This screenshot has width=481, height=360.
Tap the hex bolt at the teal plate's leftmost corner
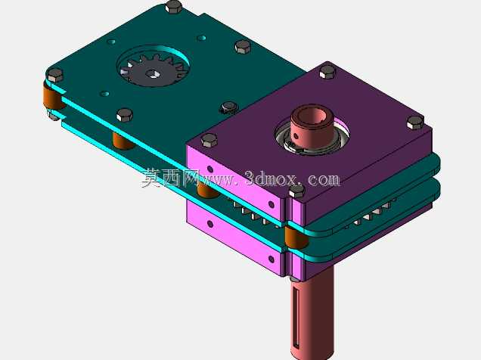[x=55, y=75]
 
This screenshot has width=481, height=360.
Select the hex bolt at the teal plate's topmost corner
[x=174, y=6]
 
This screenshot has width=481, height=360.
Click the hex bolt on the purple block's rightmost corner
[x=415, y=123]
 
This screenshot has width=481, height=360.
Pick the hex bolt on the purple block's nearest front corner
[x=296, y=192]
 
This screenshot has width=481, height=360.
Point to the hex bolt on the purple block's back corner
[x=327, y=73]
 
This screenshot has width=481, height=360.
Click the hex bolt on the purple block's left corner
[x=209, y=141]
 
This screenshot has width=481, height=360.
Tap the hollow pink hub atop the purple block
[x=309, y=124]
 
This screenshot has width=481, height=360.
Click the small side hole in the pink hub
[x=296, y=136]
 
